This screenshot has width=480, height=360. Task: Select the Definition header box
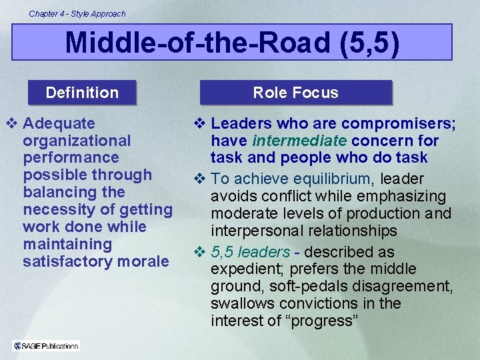click(82, 93)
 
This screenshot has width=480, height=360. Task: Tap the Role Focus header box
click(295, 93)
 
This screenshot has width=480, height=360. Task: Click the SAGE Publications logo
click(46, 345)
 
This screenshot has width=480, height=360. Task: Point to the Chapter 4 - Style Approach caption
click(77, 13)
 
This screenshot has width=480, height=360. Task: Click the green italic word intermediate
click(299, 141)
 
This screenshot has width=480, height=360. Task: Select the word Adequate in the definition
click(59, 123)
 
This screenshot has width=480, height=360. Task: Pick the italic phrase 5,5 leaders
click(251, 252)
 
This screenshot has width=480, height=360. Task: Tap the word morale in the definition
click(143, 261)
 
